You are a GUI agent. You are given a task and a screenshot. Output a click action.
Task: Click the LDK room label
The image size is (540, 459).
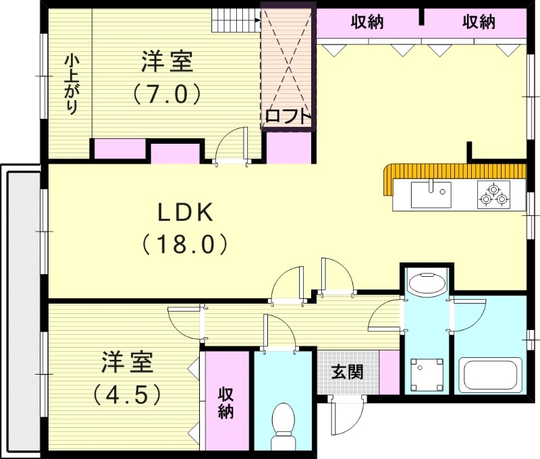186,213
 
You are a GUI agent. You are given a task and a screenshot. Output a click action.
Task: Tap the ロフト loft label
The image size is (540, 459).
288,116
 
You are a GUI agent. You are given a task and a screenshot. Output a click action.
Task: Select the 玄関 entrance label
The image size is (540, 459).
347,371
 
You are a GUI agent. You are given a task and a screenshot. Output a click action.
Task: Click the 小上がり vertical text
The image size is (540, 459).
70,84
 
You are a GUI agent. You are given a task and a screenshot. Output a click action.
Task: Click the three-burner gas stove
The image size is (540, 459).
493,194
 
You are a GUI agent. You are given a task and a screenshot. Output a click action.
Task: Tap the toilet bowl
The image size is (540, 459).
283,423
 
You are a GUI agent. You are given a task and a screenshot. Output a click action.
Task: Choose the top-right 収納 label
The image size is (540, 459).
479,22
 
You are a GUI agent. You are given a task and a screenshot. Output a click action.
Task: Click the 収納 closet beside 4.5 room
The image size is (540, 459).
225,403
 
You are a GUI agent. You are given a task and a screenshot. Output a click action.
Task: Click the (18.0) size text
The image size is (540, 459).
186,244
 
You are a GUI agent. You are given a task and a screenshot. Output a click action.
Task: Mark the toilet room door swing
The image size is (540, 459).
278,332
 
